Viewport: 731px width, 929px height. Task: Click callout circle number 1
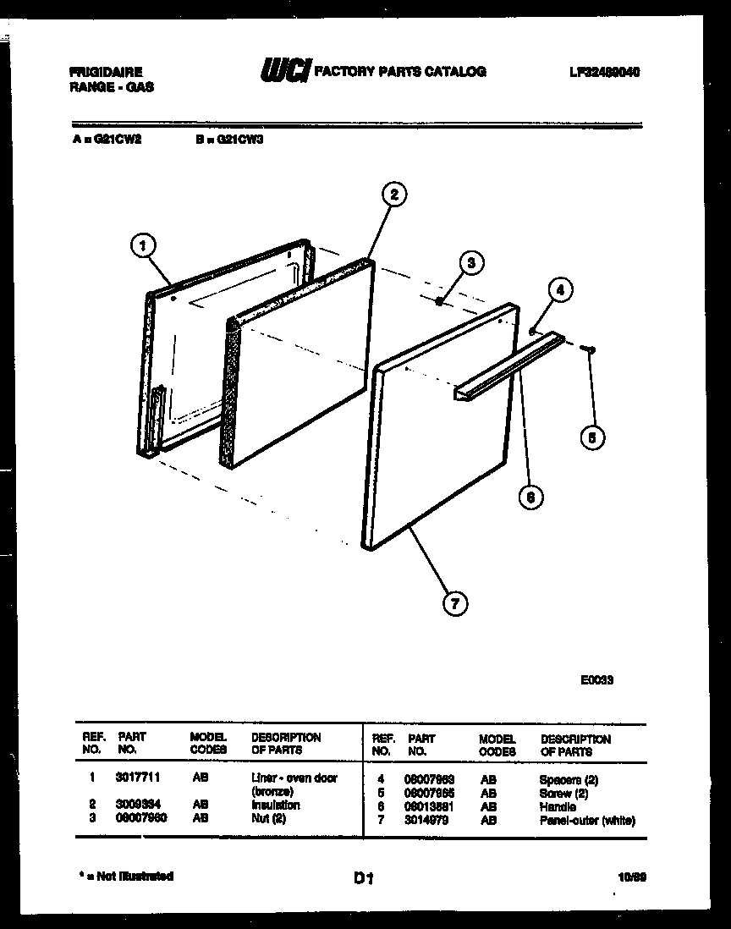tap(144, 246)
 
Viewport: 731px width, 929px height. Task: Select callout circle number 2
tap(393, 195)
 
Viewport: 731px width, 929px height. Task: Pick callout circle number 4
tap(558, 289)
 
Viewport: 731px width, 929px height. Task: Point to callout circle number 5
tap(592, 437)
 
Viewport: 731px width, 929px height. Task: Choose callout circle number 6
tap(530, 497)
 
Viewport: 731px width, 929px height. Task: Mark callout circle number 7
tap(455, 602)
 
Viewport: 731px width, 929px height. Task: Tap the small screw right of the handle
tap(590, 348)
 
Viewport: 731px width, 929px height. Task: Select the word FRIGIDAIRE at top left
tap(106, 73)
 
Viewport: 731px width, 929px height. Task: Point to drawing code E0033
tap(596, 679)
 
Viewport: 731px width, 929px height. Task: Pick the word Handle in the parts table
tap(557, 807)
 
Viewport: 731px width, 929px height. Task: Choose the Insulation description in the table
tap(275, 805)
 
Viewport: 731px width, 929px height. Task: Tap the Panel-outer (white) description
tap(586, 821)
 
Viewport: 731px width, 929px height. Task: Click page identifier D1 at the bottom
tap(364, 879)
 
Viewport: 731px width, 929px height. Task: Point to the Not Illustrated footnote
tap(127, 877)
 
